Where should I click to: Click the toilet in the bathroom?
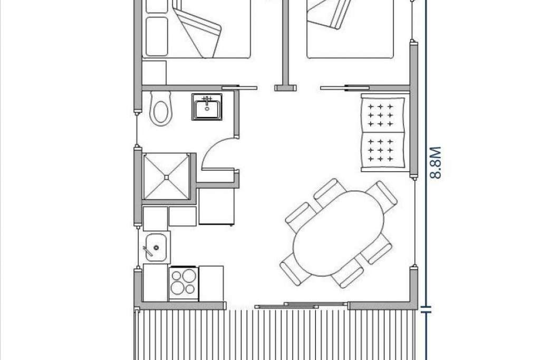(160, 108)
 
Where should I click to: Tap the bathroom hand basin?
(207, 106)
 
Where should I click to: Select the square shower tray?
(166, 177)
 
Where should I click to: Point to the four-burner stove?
(184, 283)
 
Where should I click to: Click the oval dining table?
(339, 233)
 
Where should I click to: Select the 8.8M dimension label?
(435, 163)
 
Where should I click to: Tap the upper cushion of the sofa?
(382, 115)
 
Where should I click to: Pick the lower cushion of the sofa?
(382, 150)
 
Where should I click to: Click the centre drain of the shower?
(166, 177)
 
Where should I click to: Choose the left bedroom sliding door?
(239, 88)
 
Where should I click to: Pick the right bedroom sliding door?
(344, 88)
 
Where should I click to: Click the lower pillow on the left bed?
(157, 36)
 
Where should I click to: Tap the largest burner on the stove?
(189, 276)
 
